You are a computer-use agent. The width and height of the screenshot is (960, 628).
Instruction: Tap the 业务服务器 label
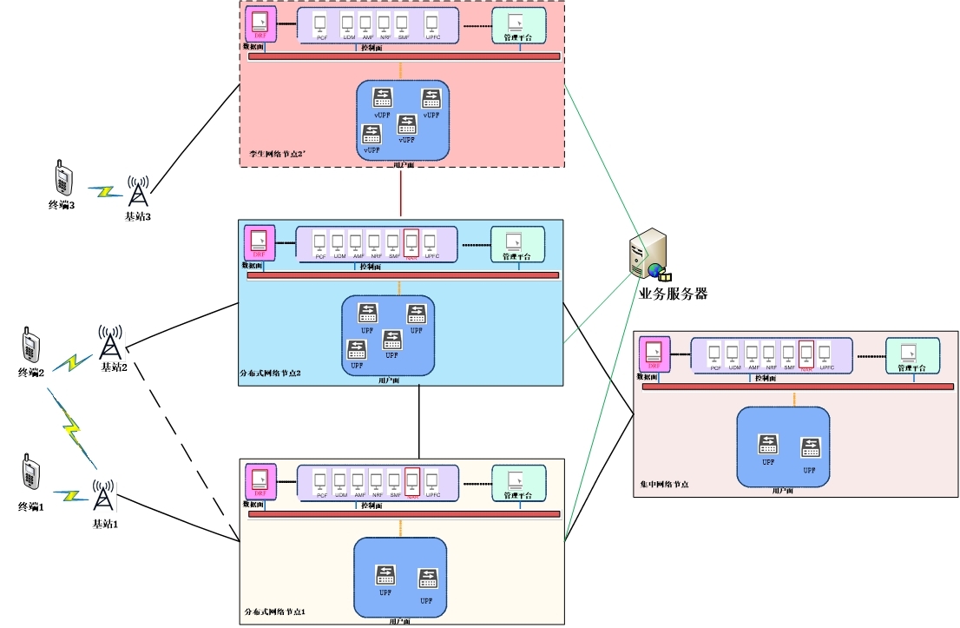tap(673, 294)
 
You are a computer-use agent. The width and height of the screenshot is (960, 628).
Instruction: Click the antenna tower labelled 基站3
tap(137, 192)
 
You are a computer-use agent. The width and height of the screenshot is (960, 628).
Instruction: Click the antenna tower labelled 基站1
tap(103, 497)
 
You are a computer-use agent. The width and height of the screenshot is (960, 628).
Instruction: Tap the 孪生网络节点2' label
tap(274, 154)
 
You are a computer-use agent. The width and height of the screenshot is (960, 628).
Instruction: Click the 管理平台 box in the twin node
tap(519, 26)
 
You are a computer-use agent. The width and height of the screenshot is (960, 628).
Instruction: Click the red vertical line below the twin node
tap(401, 194)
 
